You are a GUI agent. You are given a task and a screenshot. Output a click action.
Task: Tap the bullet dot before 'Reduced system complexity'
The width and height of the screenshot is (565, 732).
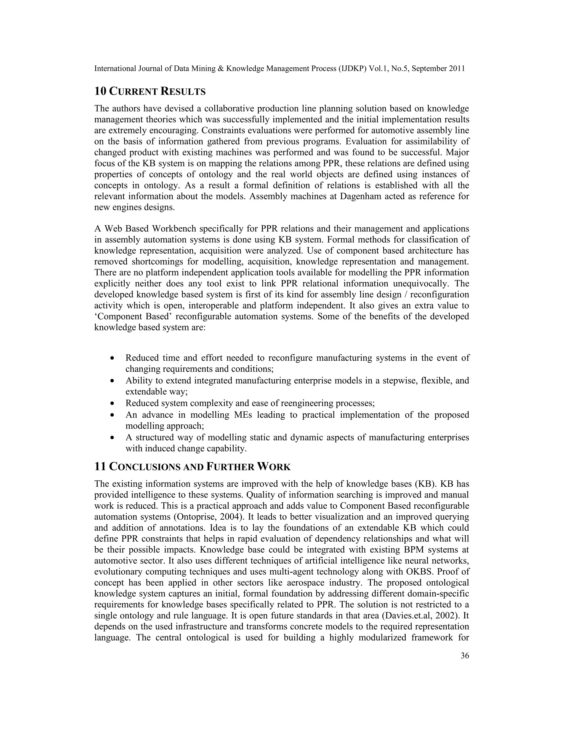[x=113, y=404]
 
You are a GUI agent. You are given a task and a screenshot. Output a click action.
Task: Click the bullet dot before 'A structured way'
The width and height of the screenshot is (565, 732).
[x=113, y=438]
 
